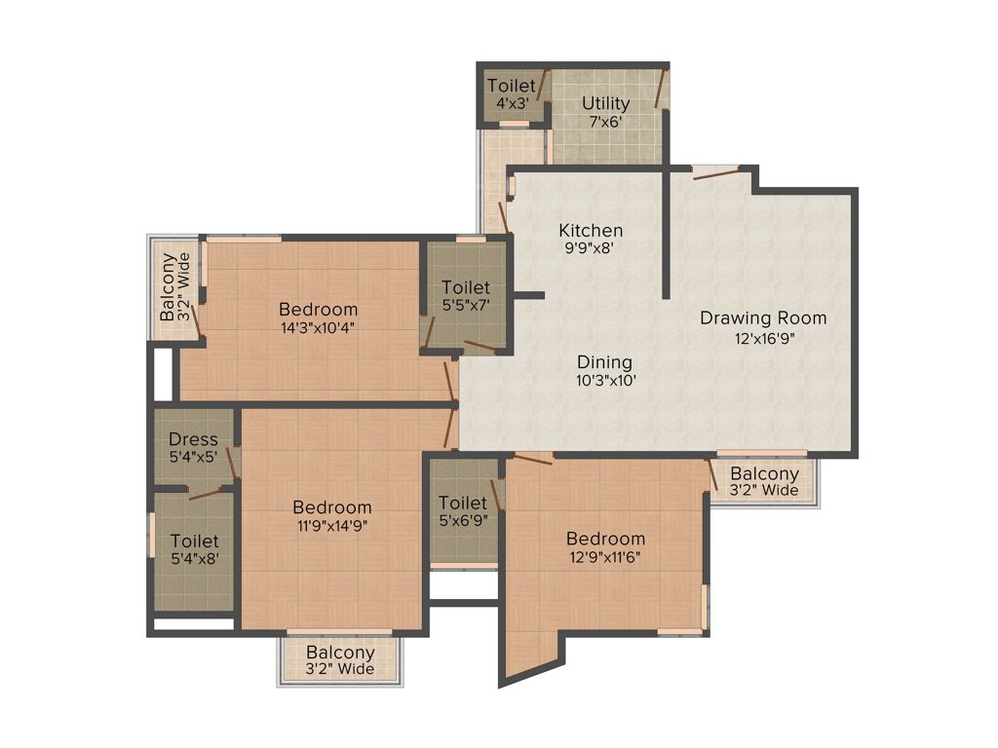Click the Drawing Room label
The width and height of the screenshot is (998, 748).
763,318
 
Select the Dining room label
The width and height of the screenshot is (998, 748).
604,362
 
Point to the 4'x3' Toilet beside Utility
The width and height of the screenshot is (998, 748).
511,94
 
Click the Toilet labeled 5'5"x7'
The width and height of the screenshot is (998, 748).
465,295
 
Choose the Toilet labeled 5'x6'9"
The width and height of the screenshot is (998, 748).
462,510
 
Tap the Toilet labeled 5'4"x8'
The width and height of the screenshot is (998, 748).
194,549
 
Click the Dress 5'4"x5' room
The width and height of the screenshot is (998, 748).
193,447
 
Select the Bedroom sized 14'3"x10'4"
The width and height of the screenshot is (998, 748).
318,318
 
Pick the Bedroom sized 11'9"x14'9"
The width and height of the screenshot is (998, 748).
331,515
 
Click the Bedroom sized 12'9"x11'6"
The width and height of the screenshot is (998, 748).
605,547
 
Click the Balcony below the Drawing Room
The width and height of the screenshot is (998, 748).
764,481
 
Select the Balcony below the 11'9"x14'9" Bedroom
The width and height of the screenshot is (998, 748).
340,660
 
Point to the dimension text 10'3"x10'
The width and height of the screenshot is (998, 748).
605,381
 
